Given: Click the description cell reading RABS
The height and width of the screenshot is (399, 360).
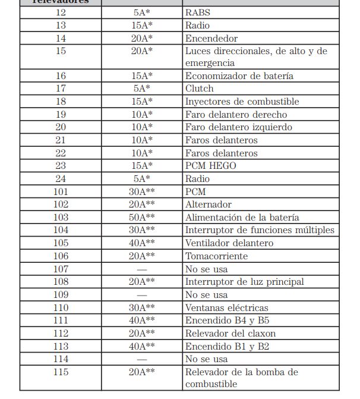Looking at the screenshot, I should [198, 12].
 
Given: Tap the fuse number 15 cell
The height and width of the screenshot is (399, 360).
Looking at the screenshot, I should [61, 51].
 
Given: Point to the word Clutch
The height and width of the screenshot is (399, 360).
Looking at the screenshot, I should [199, 89].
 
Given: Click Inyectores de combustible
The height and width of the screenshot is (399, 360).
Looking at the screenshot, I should [242, 102].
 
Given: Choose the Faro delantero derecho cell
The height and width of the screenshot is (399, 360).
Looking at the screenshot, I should [236, 114].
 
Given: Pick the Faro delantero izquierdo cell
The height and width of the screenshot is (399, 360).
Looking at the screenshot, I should [239, 127].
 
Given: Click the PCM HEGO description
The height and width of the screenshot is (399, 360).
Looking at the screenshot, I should [210, 166].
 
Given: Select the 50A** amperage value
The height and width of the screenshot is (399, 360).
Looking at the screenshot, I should [142, 218].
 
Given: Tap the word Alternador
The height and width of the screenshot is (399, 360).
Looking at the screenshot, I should [208, 205].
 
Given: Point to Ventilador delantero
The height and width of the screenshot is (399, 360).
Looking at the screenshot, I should [229, 243].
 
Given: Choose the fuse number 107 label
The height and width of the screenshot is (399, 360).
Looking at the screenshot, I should [61, 269].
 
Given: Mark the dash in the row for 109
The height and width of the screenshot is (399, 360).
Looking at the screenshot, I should [142, 295].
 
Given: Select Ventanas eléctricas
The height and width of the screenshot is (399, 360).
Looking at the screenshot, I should [226, 308].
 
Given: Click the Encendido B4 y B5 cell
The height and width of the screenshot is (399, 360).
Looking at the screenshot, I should [227, 321].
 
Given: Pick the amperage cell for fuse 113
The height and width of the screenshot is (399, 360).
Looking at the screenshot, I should [142, 347].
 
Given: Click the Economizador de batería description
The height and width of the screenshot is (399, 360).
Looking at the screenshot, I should [239, 76].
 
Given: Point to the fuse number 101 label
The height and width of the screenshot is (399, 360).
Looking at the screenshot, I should [61, 192].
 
